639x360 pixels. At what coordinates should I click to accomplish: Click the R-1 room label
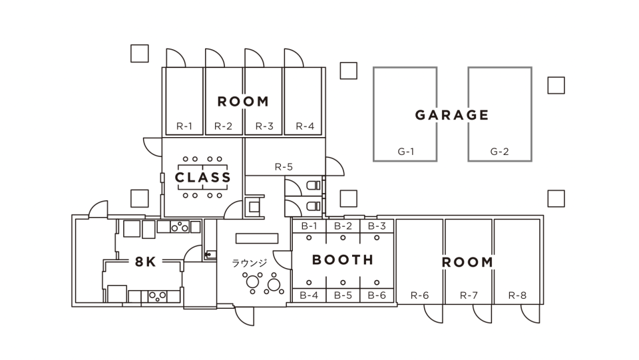(x=184, y=126)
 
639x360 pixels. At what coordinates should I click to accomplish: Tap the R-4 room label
(x=305, y=126)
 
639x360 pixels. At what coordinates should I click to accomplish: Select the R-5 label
(x=284, y=166)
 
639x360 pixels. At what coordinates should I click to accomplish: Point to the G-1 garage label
(x=406, y=152)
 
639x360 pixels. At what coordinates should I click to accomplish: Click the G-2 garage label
(x=499, y=152)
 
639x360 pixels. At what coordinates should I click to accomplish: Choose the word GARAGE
(x=451, y=115)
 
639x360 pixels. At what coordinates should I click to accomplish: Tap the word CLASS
(x=202, y=177)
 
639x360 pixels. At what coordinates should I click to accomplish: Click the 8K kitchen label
(x=146, y=262)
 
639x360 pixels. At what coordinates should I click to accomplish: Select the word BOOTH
(x=343, y=260)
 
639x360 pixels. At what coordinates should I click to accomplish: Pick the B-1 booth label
(x=309, y=226)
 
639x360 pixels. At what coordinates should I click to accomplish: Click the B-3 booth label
(x=377, y=226)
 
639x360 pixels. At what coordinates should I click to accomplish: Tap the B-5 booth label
(x=343, y=295)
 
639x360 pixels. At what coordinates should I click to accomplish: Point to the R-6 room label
(x=420, y=295)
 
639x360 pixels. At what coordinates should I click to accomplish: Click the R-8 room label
(x=517, y=295)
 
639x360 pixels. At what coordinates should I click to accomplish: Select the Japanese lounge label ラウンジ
(x=250, y=263)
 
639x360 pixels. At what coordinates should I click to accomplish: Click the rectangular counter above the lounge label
(x=257, y=238)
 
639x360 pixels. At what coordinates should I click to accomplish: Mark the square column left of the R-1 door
(x=139, y=53)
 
